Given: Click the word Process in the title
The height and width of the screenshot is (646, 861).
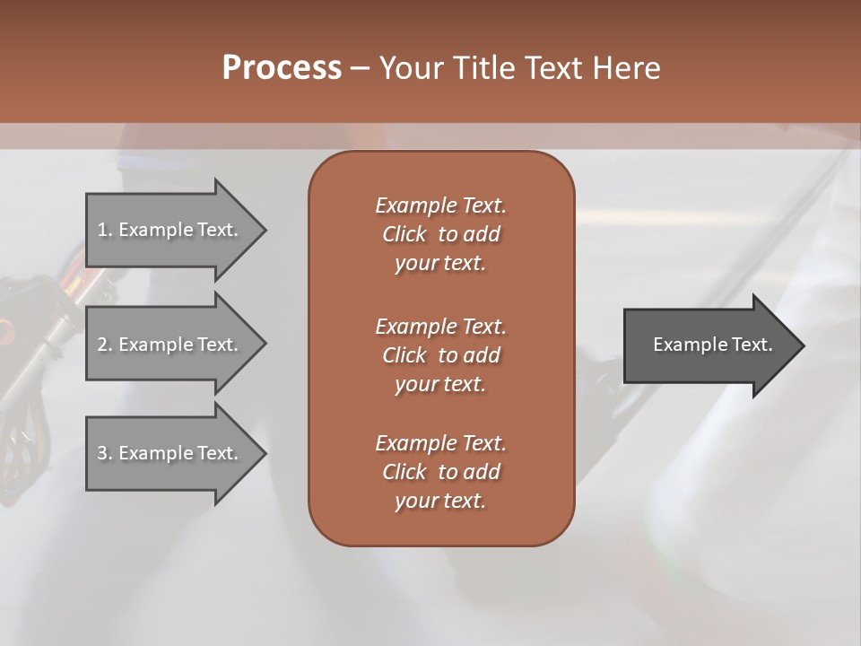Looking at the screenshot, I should pyautogui.click(x=282, y=68).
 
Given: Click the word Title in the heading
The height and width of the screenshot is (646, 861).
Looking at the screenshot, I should pyautogui.click(x=483, y=68).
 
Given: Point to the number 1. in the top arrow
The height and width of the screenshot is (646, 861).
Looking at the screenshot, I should pyautogui.click(x=105, y=230).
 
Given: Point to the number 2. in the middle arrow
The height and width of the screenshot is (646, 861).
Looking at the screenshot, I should pyautogui.click(x=105, y=345).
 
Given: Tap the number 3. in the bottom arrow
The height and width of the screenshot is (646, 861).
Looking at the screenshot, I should pyautogui.click(x=105, y=453).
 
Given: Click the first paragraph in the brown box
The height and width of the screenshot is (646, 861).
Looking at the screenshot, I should pyautogui.click(x=440, y=234).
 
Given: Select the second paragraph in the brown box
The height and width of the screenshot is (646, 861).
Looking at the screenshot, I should pyautogui.click(x=440, y=354).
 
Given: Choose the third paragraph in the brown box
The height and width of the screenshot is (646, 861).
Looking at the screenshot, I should pyautogui.click(x=440, y=472).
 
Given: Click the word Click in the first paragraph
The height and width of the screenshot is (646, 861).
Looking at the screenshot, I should pyautogui.click(x=404, y=234).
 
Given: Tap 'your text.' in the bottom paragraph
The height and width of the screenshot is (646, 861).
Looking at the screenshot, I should pyautogui.click(x=440, y=502).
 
